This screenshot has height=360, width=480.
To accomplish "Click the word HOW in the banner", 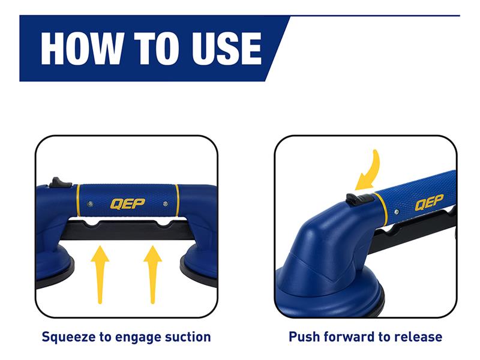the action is click(x=83, y=49).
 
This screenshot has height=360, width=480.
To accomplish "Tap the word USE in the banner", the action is click(x=227, y=49).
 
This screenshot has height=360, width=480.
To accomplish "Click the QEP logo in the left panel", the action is click(x=127, y=203).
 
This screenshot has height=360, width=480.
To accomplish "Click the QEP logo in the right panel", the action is click(x=429, y=202).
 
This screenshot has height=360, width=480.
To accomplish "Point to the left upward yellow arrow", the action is click(x=100, y=275).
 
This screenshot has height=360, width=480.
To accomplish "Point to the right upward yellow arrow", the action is click(x=152, y=275).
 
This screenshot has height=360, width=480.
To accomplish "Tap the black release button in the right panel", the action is click(x=359, y=199).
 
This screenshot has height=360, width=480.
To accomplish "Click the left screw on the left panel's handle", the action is click(x=90, y=203).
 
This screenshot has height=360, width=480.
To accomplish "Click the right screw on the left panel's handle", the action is click(x=166, y=203).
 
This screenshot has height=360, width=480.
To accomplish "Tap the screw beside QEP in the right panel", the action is click(x=397, y=212).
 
